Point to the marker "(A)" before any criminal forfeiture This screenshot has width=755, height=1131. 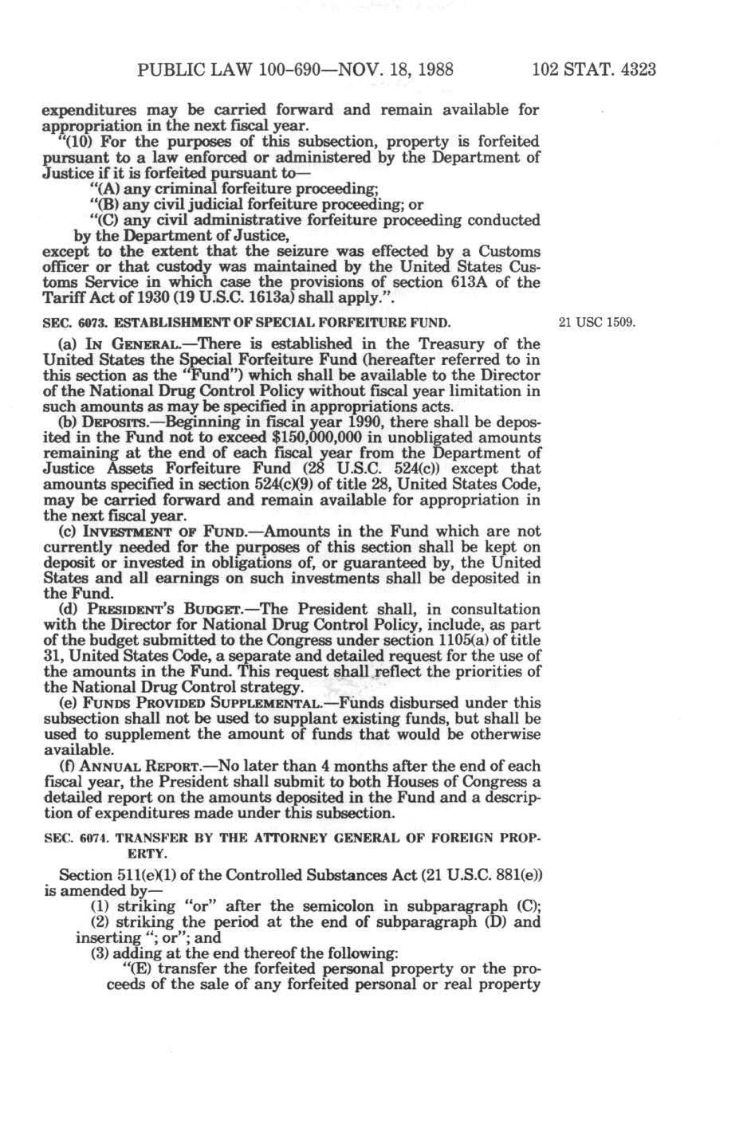[103, 189]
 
